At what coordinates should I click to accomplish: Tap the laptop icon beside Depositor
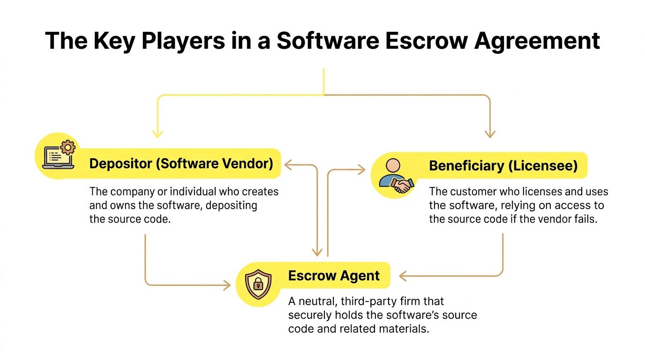coord(56,157)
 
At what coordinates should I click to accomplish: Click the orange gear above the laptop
coord(68,147)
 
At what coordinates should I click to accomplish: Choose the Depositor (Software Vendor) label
coord(181,164)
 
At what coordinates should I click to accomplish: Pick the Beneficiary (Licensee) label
coord(503,165)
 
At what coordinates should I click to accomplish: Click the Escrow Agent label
coord(334,276)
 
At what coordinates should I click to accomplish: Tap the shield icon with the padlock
coord(258,283)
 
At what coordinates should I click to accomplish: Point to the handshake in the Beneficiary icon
coord(401,185)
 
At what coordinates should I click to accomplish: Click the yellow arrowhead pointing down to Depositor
coord(157,134)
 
